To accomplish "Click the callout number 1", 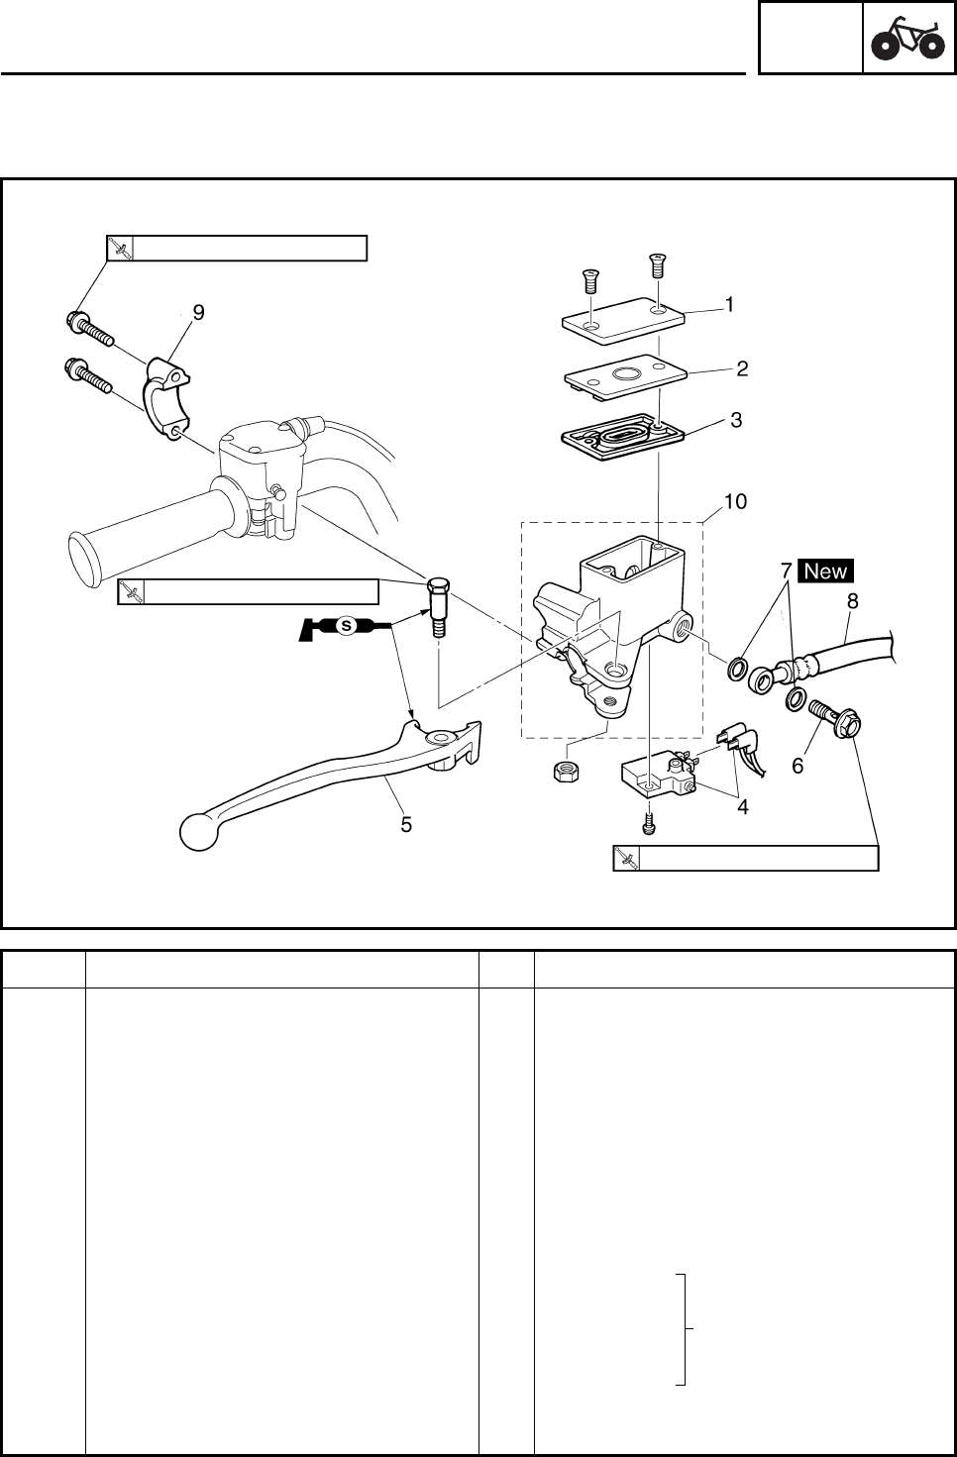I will (x=729, y=305).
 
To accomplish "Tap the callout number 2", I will (x=741, y=369).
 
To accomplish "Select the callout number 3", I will (x=735, y=420).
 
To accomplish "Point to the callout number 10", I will (x=734, y=502).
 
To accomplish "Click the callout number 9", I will (x=198, y=313).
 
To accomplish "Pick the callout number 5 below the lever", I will (x=406, y=824).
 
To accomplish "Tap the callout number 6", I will (x=797, y=766).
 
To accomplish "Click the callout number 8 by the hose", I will (x=852, y=600).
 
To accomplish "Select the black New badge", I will (x=825, y=571).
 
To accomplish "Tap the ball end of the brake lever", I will (x=198, y=832).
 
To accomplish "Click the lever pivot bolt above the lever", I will (x=437, y=606).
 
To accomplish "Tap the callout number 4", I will (x=742, y=806).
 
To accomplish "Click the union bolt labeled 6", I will (x=832, y=724).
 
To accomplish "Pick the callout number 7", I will (x=786, y=572).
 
